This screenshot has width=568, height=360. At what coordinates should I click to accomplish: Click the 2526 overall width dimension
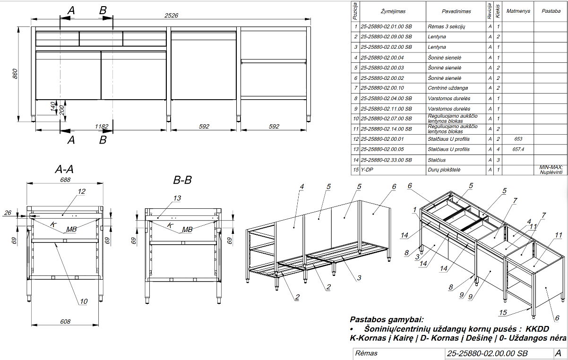click(x=171, y=16)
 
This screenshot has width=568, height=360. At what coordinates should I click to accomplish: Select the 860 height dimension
click(x=15, y=74)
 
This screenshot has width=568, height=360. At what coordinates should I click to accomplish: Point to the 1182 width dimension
click(x=102, y=127)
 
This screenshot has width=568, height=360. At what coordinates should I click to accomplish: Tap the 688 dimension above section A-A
click(x=65, y=180)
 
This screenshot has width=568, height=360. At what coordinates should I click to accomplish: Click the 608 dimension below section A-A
click(x=65, y=322)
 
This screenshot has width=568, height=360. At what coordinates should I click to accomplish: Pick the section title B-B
click(x=182, y=180)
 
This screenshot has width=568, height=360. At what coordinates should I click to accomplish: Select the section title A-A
click(x=64, y=169)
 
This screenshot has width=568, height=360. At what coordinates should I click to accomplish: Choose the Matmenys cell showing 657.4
click(x=518, y=149)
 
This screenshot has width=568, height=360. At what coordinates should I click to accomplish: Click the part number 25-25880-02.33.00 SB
click(x=386, y=160)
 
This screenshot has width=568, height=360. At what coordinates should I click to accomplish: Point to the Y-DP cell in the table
click(x=367, y=170)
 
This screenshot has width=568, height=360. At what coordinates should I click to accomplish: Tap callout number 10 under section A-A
click(x=84, y=301)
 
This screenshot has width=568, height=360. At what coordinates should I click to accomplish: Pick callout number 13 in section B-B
click(x=177, y=198)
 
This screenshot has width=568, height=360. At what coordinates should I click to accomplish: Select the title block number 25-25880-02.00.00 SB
click(x=487, y=353)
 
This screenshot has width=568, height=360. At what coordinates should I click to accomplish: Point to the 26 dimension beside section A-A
click(x=8, y=213)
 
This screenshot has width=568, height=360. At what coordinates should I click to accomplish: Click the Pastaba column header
click(x=551, y=11)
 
